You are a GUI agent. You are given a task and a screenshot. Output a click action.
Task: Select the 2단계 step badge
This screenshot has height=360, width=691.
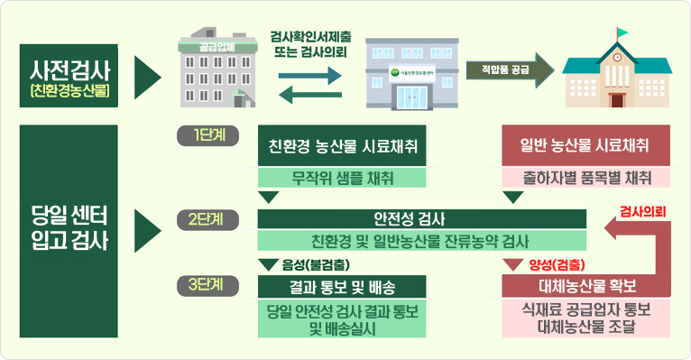click(x=206, y=219)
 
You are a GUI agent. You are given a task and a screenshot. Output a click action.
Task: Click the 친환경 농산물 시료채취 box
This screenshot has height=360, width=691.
click(x=342, y=146)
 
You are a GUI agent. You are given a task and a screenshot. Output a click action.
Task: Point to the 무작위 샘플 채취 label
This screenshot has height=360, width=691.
click(x=342, y=176)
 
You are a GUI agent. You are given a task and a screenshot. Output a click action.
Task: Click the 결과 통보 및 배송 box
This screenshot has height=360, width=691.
click(x=342, y=287)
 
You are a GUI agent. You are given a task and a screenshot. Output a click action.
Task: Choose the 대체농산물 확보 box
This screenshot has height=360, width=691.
click(x=586, y=287)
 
